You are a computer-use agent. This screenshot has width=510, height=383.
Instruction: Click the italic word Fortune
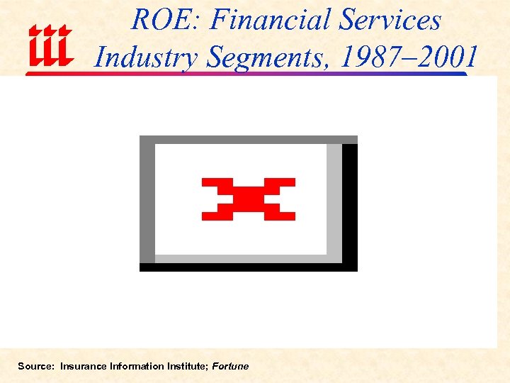[x=230, y=366]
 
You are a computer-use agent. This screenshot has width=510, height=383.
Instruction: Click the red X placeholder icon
[x=248, y=199]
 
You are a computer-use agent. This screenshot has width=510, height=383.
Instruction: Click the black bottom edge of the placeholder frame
[x=248, y=267]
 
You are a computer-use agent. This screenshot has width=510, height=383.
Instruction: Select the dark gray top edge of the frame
[x=248, y=139]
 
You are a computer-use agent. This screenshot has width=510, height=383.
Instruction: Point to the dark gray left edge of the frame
[x=147, y=202]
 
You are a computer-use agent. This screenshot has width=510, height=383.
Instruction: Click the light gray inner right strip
[x=334, y=199]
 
